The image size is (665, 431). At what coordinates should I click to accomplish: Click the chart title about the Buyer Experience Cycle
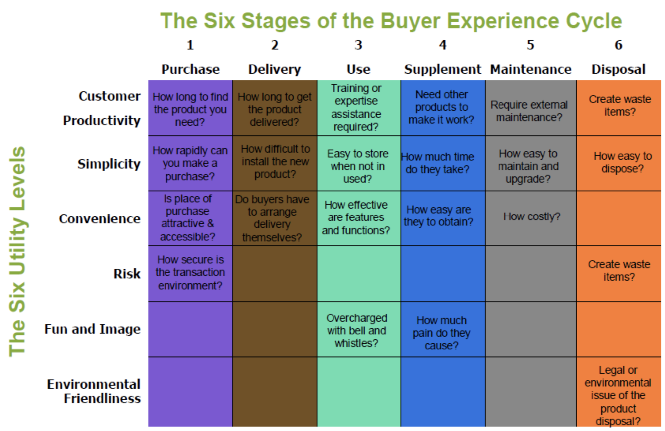(x=391, y=21)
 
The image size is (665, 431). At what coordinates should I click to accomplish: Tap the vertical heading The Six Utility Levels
(x=17, y=251)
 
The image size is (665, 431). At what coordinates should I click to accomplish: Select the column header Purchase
(x=190, y=69)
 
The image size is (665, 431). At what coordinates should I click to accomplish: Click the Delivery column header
(x=274, y=69)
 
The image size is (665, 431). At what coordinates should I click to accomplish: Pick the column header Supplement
(x=443, y=69)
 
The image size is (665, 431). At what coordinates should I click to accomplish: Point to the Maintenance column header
(x=530, y=69)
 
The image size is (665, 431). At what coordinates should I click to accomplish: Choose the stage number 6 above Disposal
(x=618, y=45)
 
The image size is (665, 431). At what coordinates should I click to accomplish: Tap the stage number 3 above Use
(x=358, y=45)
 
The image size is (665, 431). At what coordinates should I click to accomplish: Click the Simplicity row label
(x=109, y=164)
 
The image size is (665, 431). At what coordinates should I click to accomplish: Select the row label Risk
(x=127, y=274)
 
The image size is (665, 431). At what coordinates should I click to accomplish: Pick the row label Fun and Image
(x=92, y=329)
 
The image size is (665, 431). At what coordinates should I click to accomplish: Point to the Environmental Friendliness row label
(x=94, y=391)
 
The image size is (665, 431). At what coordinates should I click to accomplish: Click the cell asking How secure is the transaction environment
(x=190, y=272)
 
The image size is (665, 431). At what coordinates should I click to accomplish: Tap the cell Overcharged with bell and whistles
(x=357, y=330)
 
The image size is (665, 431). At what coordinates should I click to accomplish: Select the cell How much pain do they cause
(x=442, y=333)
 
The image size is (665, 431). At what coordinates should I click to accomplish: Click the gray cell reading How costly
(x=531, y=216)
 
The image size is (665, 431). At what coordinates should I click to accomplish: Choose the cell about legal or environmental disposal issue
(x=618, y=395)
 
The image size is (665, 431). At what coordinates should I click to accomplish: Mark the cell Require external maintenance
(x=529, y=111)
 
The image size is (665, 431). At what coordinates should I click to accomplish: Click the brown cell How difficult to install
(x=275, y=162)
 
